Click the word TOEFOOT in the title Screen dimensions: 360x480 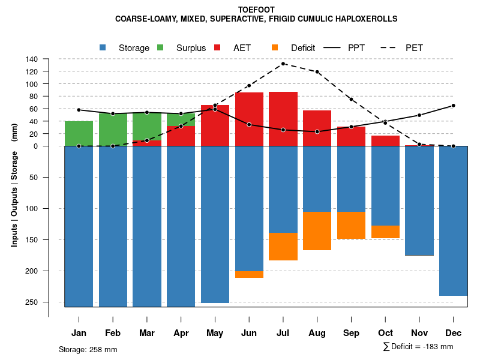(256, 10)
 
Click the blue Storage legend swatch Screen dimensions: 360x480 (103, 47)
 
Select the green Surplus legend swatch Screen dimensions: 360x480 (160, 47)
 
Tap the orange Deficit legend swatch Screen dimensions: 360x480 (275, 47)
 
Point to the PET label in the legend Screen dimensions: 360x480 (414, 47)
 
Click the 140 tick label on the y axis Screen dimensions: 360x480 (32, 59)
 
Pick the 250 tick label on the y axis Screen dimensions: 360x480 (32, 302)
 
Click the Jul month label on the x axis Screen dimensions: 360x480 (283, 333)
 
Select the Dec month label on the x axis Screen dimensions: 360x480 (453, 333)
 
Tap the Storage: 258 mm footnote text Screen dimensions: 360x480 (88, 349)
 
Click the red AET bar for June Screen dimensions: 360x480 (249, 119)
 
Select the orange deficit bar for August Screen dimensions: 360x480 (317, 231)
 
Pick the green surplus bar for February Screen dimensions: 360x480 (113, 130)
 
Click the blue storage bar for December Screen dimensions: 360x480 (453, 221)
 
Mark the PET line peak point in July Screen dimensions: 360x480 (283, 64)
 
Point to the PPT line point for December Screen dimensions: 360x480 (453, 106)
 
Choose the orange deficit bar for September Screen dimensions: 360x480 (351, 225)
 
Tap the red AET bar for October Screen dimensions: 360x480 (385, 140)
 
